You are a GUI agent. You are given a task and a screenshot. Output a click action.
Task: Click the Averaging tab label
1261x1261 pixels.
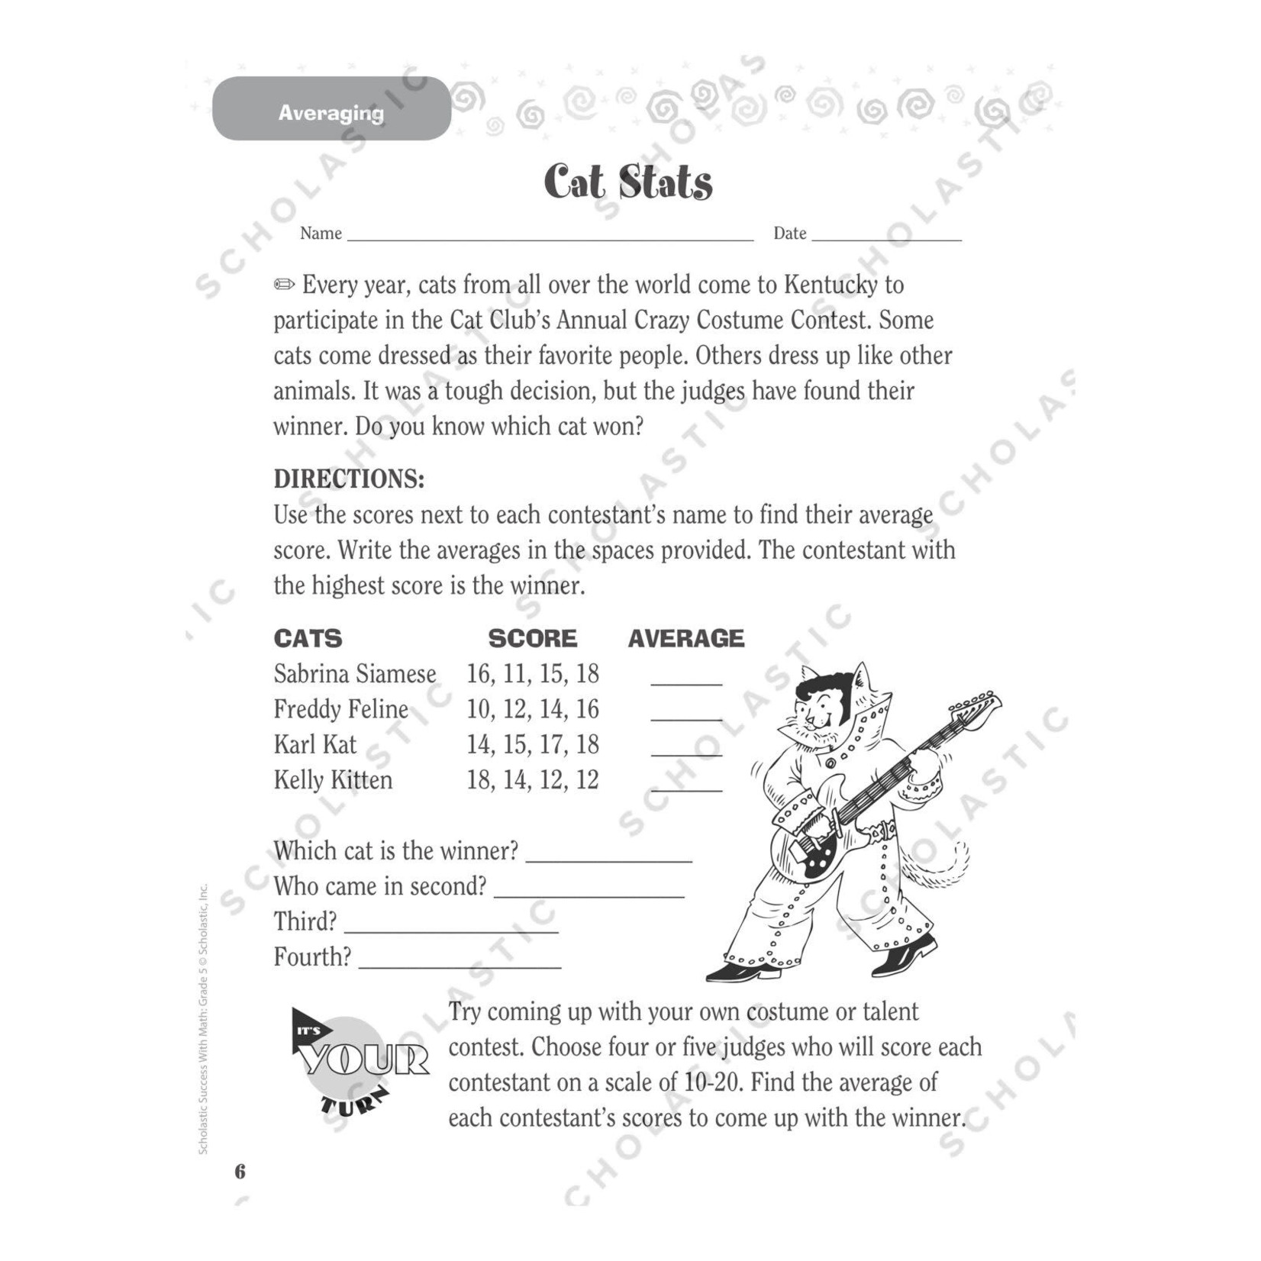331,113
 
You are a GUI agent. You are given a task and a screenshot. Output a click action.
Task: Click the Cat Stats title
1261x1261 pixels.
627,183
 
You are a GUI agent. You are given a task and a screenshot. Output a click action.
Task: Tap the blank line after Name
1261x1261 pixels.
550,237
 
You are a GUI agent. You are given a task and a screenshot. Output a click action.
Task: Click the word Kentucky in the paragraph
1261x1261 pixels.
828,285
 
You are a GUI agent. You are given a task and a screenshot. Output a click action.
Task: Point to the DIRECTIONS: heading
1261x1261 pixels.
349,479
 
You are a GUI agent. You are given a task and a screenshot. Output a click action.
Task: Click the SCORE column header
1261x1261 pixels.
532,639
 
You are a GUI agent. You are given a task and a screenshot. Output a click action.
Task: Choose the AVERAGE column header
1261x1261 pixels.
685,639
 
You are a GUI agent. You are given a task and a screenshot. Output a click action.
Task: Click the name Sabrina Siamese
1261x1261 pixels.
355,674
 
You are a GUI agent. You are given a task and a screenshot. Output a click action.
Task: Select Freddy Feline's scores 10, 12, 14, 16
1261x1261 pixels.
532,710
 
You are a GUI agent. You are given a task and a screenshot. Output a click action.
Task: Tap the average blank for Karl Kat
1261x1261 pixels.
685,752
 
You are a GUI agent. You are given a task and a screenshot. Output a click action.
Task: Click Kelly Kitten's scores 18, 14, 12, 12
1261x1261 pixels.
532,780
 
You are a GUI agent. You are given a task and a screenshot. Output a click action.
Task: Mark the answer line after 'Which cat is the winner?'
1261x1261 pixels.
609,858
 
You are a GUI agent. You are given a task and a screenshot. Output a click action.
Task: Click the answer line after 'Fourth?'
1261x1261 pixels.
460,964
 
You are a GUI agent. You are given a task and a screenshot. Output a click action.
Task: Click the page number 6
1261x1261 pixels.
240,1171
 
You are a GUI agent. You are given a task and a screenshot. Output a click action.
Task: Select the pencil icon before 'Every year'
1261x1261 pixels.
284,285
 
